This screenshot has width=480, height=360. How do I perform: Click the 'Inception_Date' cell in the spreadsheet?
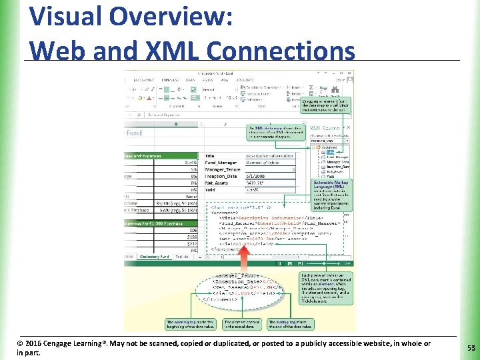click(222, 177)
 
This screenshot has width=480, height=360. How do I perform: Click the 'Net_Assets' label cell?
click(218, 183)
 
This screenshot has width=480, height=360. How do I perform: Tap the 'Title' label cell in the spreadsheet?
click(209, 155)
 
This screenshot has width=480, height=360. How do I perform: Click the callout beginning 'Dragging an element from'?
click(331, 105)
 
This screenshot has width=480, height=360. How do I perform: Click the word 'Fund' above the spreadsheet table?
click(134, 133)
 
